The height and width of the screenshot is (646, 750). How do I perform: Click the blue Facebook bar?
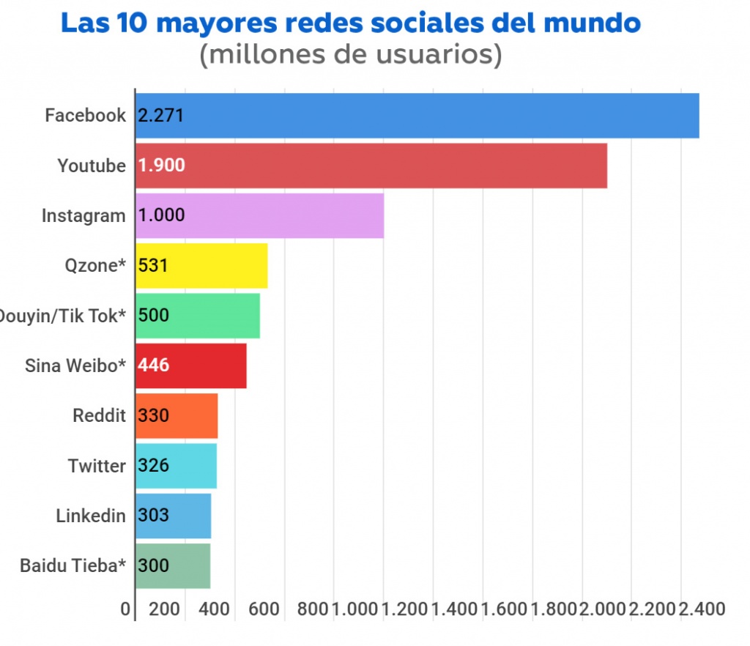[417, 116]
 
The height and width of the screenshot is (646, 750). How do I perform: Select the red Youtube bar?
[371, 166]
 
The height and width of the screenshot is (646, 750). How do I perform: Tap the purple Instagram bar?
[260, 216]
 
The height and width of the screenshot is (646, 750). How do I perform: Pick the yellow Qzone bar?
[201, 266]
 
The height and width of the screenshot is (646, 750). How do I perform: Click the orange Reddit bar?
[177, 416]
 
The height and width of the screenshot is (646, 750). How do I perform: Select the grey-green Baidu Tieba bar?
[173, 565]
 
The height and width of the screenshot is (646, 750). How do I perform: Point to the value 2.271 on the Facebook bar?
[160, 116]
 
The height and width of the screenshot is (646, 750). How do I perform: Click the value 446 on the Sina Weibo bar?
[154, 365]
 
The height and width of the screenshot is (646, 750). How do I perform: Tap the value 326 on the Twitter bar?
[154, 466]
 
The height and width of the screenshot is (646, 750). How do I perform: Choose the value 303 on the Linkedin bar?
[154, 516]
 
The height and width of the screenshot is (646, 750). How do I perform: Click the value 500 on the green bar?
[154, 316]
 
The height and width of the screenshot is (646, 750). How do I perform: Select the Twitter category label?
[97, 466]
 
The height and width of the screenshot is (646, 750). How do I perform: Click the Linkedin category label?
[91, 516]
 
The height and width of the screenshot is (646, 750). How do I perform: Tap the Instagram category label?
[83, 216]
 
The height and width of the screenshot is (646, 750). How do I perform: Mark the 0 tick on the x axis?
[125, 609]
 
